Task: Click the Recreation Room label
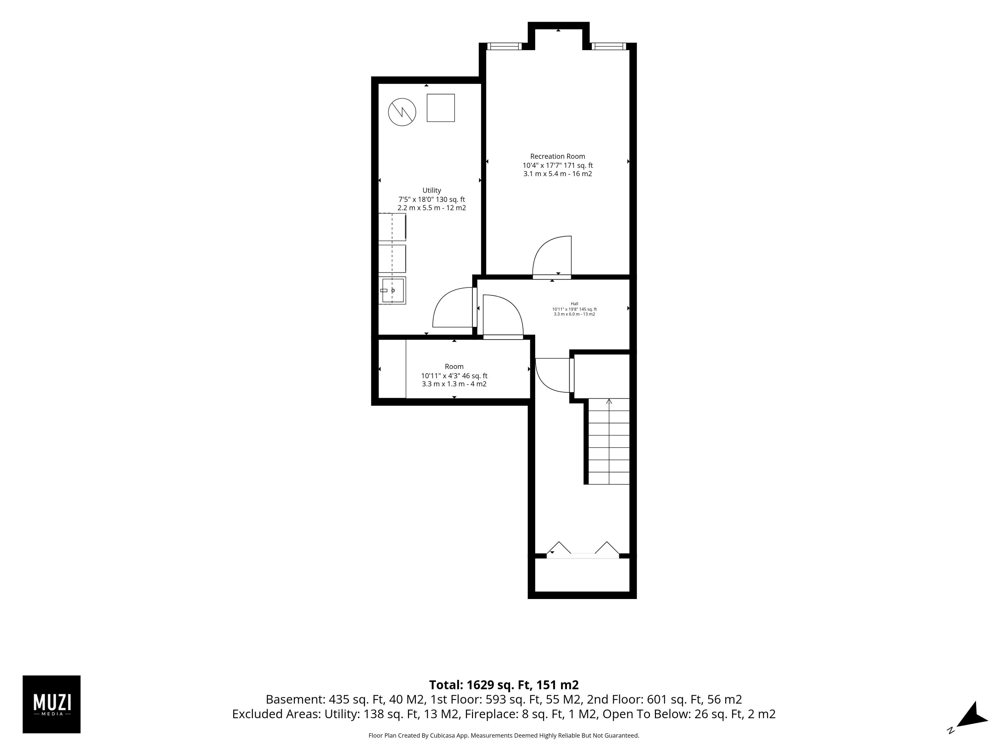pos(557,156)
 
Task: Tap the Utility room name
pos(432,191)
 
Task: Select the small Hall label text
pos(574,303)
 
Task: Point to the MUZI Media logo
pos(51,704)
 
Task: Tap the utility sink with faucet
pos(392,290)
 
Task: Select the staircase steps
pos(609,441)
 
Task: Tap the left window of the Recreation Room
pos(504,46)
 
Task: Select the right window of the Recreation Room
pos(609,46)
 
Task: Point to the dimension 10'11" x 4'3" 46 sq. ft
pos(454,376)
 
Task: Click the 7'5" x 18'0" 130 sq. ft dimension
pos(432,199)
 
